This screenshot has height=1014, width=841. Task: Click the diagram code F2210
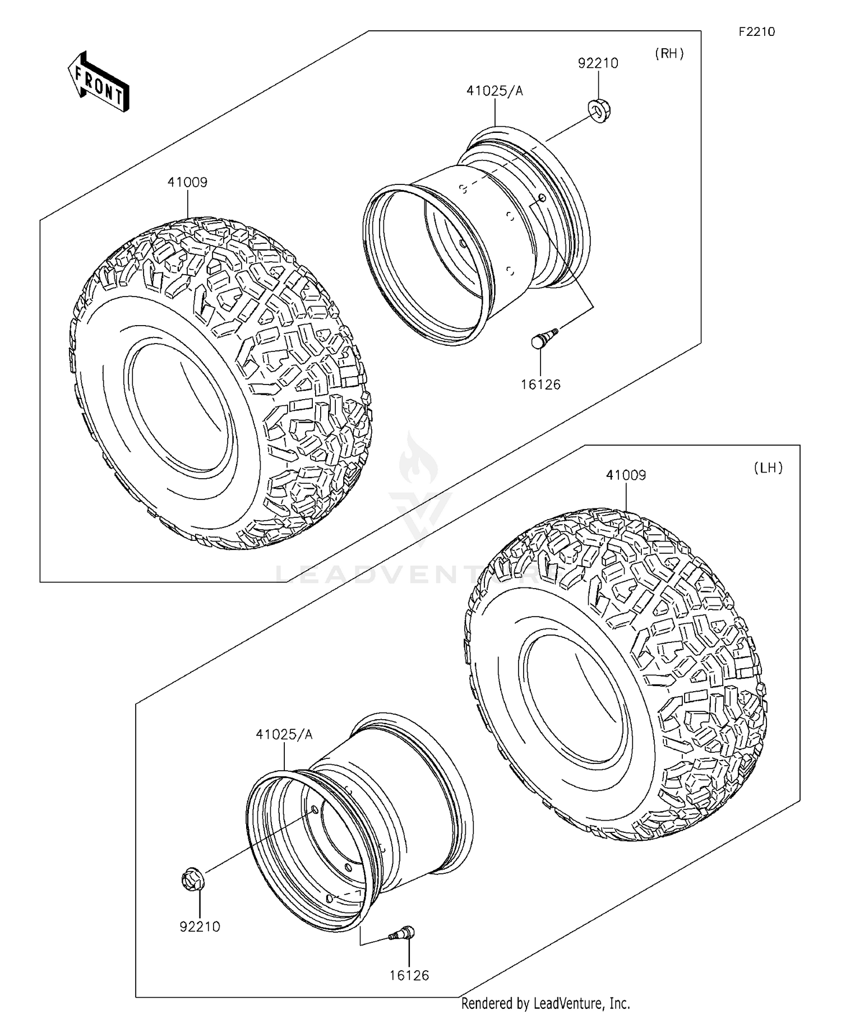[756, 32]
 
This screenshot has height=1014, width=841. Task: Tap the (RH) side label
[669, 54]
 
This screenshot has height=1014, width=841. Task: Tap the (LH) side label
[768, 468]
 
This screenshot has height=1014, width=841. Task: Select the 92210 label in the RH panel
[598, 63]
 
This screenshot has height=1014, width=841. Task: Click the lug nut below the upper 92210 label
[599, 110]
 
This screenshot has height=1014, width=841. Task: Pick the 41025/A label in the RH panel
[495, 91]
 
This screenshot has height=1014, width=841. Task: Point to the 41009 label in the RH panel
[187, 182]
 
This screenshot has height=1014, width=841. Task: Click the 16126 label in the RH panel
[540, 385]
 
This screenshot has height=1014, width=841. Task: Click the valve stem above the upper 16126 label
[541, 339]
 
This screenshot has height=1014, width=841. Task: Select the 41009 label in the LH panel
[626, 475]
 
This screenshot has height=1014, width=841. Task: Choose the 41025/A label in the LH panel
[284, 735]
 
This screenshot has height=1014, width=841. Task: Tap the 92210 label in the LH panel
[200, 927]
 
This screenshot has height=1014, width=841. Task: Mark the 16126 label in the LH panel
[409, 976]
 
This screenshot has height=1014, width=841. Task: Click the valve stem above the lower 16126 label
[403, 933]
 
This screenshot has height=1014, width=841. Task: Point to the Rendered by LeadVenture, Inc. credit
[546, 1003]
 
